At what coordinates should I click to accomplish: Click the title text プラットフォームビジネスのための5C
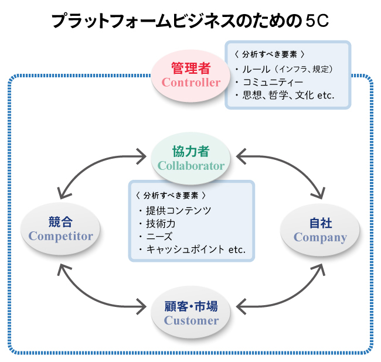190,22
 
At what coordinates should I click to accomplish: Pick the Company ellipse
320,230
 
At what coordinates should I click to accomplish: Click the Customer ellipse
191,313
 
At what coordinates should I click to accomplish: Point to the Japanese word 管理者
191,67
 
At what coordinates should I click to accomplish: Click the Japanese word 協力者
191,151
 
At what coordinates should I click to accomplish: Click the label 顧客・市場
191,306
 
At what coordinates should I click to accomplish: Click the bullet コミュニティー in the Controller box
273,83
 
